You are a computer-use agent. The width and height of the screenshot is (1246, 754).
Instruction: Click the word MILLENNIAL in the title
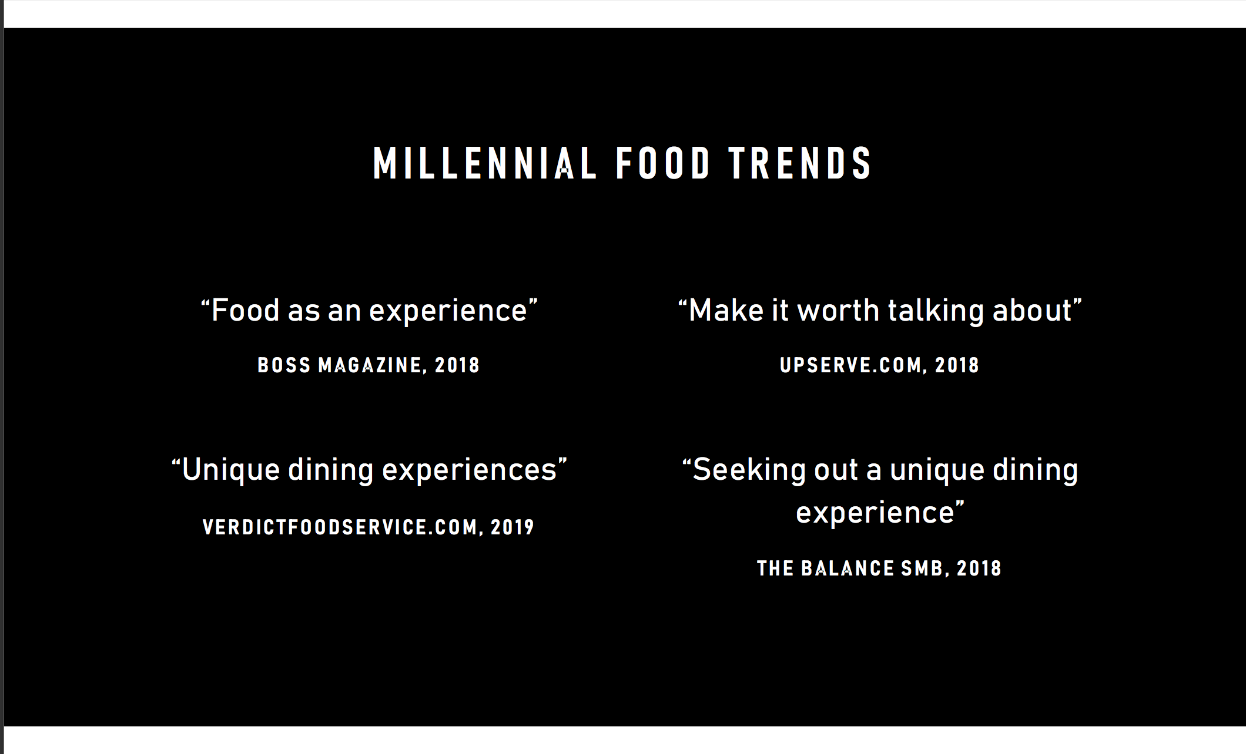(485, 163)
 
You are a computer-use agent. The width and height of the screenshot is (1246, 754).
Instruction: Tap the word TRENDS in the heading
(800, 163)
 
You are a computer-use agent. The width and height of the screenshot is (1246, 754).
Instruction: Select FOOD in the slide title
(663, 163)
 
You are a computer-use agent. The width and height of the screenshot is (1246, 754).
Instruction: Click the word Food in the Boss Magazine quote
(245, 310)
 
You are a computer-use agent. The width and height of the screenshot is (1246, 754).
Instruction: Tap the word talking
(936, 311)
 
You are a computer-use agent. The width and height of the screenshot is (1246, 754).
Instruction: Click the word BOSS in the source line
(284, 365)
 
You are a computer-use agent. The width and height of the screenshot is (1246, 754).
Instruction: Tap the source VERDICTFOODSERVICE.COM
(340, 527)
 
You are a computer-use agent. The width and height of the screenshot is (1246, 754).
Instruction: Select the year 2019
(513, 527)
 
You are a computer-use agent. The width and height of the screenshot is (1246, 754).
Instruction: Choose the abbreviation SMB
(922, 568)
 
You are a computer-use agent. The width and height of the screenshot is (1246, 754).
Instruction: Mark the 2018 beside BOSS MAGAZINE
(457, 365)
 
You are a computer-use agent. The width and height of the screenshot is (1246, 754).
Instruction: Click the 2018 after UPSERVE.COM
(957, 365)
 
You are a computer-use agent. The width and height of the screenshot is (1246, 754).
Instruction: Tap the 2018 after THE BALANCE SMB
(979, 568)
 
